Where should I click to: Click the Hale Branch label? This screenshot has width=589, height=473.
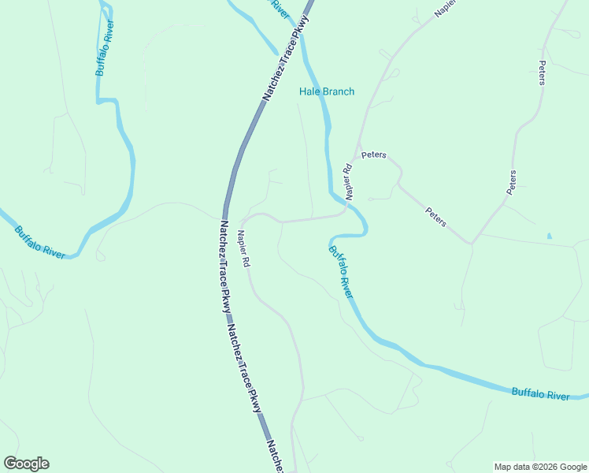click(x=326, y=91)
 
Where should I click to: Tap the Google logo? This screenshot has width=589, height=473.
click(x=26, y=464)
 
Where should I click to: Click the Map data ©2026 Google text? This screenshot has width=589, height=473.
click(x=539, y=467)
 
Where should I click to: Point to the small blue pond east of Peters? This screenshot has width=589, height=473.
click(x=549, y=236)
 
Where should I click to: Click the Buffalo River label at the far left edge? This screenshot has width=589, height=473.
click(x=39, y=242)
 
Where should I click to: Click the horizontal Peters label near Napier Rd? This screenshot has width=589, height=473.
click(x=373, y=155)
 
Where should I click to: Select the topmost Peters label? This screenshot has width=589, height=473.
click(x=542, y=73)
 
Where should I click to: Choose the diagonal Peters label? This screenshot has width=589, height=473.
click(x=435, y=217)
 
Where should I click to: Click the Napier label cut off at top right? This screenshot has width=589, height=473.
click(x=446, y=8)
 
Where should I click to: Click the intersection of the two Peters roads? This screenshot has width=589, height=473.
click(x=472, y=243)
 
